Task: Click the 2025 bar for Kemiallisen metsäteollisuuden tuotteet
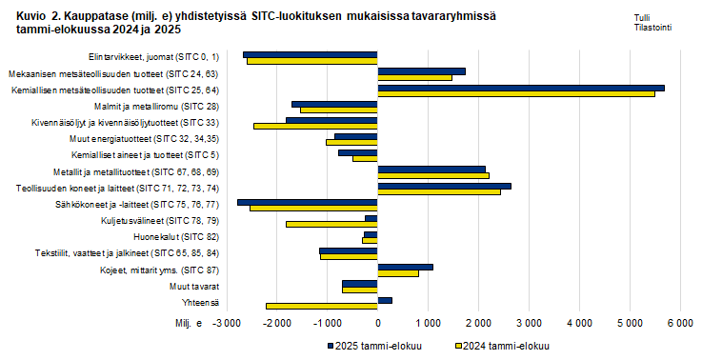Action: pos(520,88)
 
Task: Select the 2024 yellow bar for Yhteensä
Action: pos(321,306)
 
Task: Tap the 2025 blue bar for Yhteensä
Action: pos(384,300)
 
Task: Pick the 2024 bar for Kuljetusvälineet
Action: pos(331,224)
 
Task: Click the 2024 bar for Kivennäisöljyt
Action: pos(315,126)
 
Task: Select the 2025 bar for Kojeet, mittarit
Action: pos(405,268)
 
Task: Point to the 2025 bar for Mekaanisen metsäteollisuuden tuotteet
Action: pos(421,71)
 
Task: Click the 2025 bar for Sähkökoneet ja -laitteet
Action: pos(307,202)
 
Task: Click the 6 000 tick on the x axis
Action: pos(678,326)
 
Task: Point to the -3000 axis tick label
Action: pos(227,326)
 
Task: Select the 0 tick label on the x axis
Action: pos(377,326)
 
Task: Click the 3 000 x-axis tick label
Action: pos(528,326)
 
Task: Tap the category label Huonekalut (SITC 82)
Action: pos(189,236)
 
